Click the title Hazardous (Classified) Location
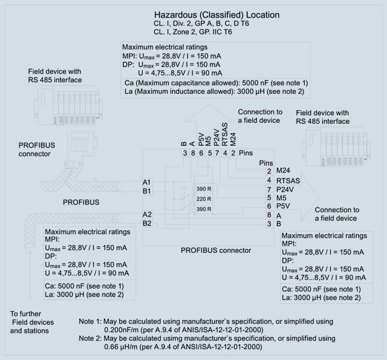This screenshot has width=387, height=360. [x=216, y=15]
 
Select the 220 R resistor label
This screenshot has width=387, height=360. [x=204, y=199]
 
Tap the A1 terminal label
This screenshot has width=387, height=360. [x=146, y=182]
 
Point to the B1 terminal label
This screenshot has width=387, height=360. [x=146, y=191]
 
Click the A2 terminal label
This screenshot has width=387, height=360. [x=146, y=214]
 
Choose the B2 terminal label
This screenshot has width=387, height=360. [x=146, y=223]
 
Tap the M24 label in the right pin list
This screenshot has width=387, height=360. [x=284, y=171]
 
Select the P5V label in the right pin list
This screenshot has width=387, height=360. [x=284, y=206]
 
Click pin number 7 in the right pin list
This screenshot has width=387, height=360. [x=268, y=189]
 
